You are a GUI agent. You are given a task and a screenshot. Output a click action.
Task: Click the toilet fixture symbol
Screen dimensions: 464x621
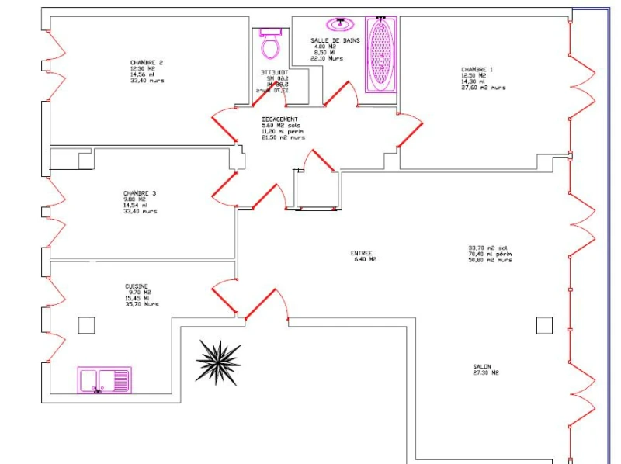(270, 44)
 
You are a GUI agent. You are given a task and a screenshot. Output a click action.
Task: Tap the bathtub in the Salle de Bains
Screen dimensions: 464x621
(380, 54)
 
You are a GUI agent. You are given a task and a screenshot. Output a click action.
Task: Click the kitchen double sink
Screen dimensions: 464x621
(104, 380)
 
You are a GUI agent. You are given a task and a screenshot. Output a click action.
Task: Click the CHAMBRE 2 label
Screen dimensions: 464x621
(147, 62)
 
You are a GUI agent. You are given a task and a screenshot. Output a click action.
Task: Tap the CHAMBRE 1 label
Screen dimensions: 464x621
(477, 69)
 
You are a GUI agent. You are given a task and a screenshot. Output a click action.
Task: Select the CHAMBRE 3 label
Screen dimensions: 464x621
(139, 193)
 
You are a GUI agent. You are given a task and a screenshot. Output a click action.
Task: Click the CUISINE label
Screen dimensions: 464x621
(137, 286)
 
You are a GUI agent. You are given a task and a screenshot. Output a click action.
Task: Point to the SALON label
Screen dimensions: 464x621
(482, 367)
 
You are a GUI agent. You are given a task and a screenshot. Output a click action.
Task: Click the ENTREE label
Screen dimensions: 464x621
(362, 253)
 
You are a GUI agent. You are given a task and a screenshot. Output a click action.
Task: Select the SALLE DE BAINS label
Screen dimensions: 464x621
(335, 40)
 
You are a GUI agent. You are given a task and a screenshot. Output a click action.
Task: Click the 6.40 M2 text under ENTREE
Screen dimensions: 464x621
(364, 259)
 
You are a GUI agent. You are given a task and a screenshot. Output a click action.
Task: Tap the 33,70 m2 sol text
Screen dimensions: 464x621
(487, 248)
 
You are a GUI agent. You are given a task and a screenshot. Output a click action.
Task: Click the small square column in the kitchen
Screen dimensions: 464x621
(86, 325)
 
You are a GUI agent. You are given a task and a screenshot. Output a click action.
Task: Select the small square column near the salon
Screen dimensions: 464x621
(545, 325)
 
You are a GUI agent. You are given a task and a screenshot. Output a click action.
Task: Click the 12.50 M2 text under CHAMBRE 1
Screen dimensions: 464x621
(474, 75)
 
